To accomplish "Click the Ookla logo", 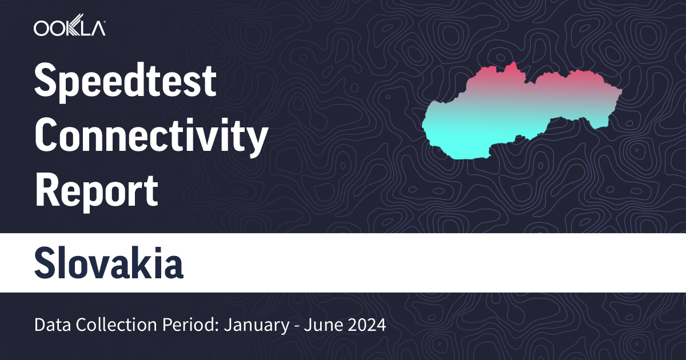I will tap(69, 28).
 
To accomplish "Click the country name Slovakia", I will tap(109, 263).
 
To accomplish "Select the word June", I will tap(323, 326).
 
